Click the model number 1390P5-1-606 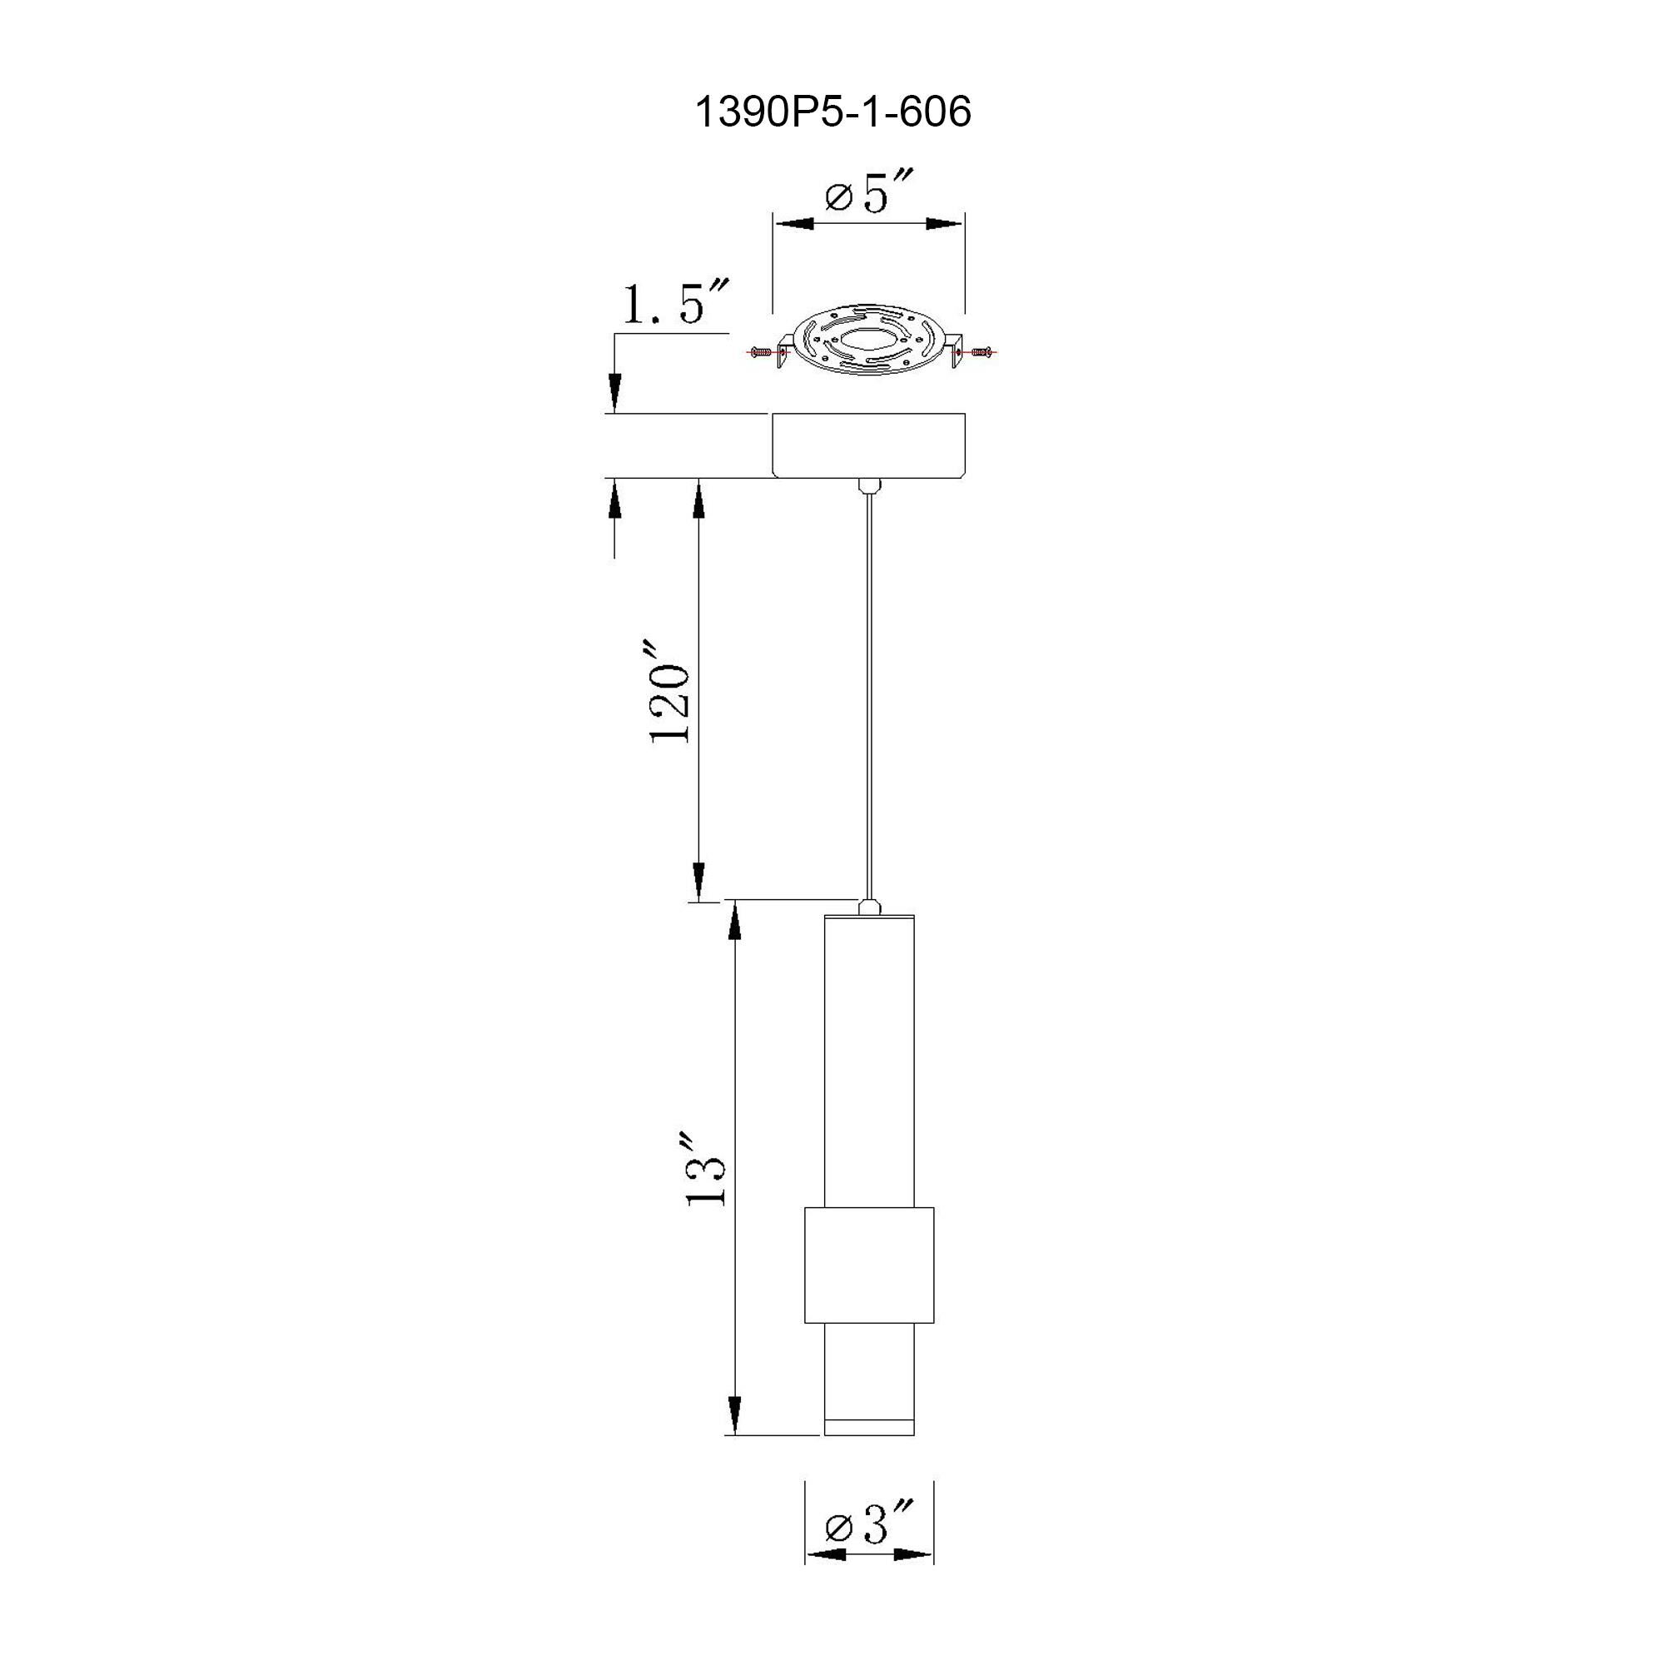coord(832,112)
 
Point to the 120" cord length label coord(669,692)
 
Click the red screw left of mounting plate coord(760,351)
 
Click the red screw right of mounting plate coord(981,351)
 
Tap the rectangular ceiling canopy coord(867,445)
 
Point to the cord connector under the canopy coord(867,487)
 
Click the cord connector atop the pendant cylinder coord(868,906)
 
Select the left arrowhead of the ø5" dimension coord(793,224)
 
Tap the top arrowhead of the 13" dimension coord(735,922)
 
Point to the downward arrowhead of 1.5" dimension coord(614,393)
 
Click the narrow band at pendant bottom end coord(868,1427)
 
